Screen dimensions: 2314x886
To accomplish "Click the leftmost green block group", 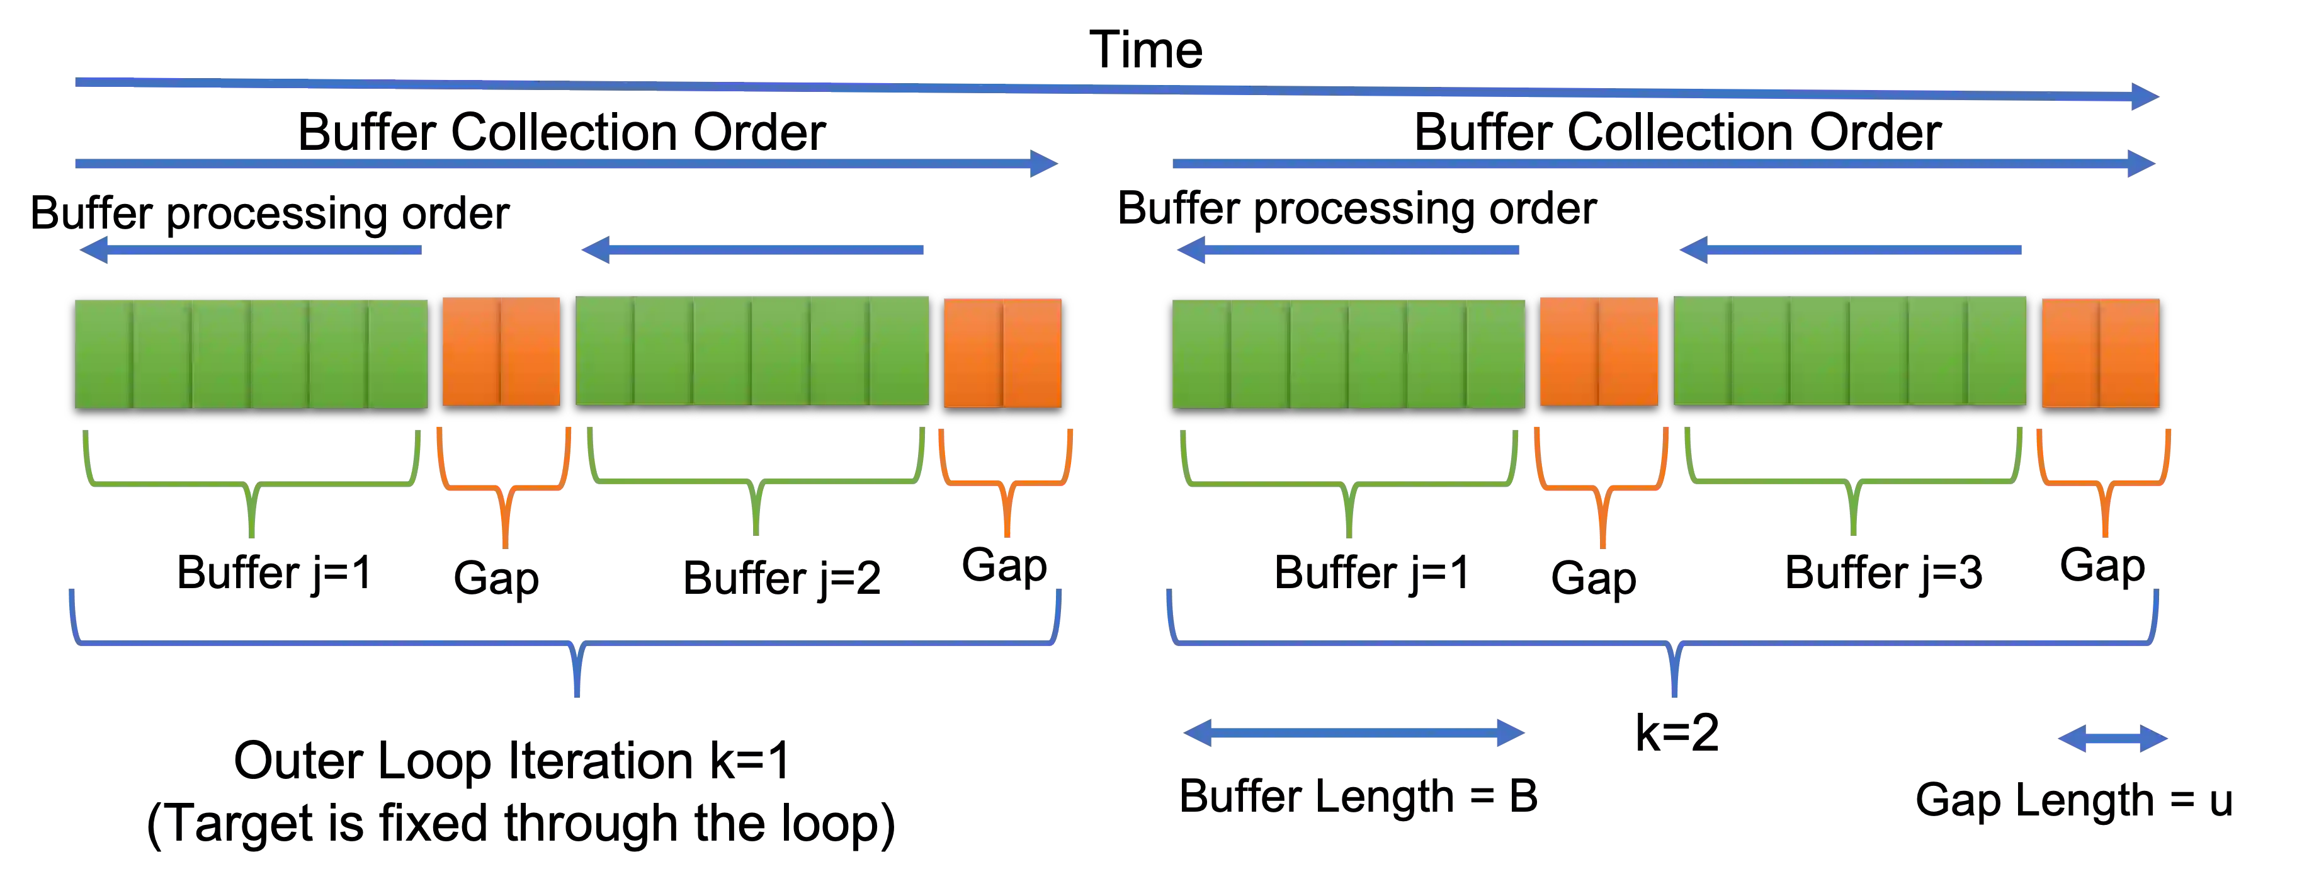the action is (x=251, y=353).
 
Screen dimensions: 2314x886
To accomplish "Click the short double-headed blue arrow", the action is (x=2113, y=739).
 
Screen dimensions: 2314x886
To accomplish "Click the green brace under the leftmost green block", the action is (x=251, y=486).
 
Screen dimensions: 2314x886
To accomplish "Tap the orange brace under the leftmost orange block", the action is (x=504, y=490).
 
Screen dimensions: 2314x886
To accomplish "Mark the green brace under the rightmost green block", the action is (x=1853, y=486).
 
